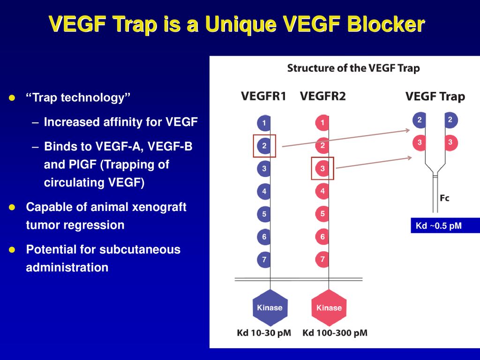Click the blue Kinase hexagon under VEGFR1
coord(270,307)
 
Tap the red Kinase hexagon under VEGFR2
coord(329,307)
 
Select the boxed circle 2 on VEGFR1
coord(264,146)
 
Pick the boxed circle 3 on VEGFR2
coord(322,168)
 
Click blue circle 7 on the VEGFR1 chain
coord(264,260)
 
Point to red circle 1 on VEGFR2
coord(322,123)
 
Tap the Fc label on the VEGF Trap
coord(444,198)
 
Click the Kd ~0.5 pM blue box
coord(445,225)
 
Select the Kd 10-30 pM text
coord(264,333)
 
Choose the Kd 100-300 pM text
coord(335,333)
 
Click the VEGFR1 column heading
coord(263,96)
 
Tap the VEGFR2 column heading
coord(322,96)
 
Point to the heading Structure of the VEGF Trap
coord(353,68)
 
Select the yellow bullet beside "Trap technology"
coord(12,98)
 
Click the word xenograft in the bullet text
coord(159,207)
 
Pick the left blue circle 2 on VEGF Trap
coord(420,120)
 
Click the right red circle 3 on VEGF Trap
coord(450,142)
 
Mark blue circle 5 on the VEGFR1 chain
coord(264,214)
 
